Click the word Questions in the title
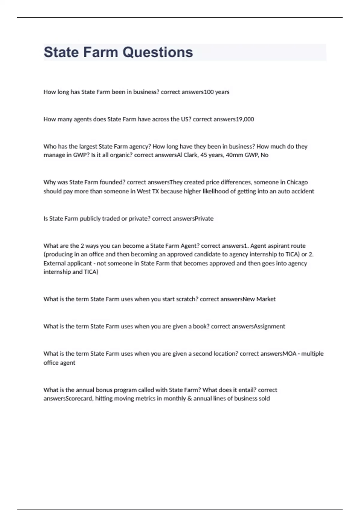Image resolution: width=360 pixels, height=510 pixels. pyautogui.click(x=157, y=52)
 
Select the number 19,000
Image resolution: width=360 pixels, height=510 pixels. pyautogui.click(x=245, y=119)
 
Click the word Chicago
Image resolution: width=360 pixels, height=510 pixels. pyautogui.click(x=297, y=182)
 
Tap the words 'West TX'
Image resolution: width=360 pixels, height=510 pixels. pyautogui.click(x=148, y=191)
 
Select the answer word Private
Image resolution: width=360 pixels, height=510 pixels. pyautogui.click(x=204, y=218)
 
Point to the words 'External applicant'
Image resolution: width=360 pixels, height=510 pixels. pyautogui.click(x=67, y=263)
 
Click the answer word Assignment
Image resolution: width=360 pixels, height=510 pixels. pyautogui.click(x=270, y=326)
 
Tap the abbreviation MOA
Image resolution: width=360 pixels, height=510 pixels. pyautogui.click(x=289, y=353)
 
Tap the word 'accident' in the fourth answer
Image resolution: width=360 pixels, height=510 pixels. pyautogui.click(x=303, y=191)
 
